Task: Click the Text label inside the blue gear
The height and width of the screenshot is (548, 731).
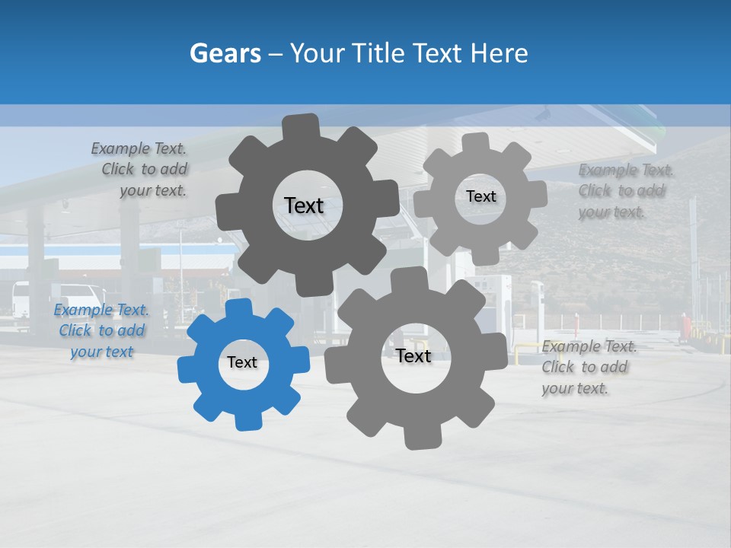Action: point(242,362)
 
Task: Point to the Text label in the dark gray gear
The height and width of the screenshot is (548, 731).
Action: point(304,205)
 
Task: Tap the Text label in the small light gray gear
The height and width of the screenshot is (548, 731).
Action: point(480,196)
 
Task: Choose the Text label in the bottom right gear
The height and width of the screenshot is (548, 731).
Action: point(413,356)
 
